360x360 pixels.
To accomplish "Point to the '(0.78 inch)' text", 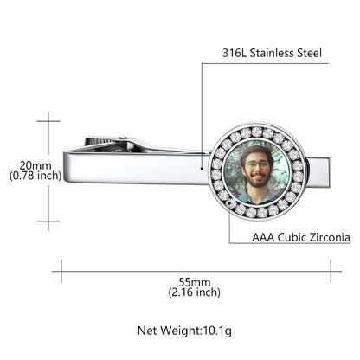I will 35,175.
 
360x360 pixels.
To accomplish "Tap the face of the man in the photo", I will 255,168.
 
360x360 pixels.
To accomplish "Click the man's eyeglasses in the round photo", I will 255,164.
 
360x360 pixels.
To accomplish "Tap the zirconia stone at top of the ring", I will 256,132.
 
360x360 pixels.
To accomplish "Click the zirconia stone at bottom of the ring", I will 256,213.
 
